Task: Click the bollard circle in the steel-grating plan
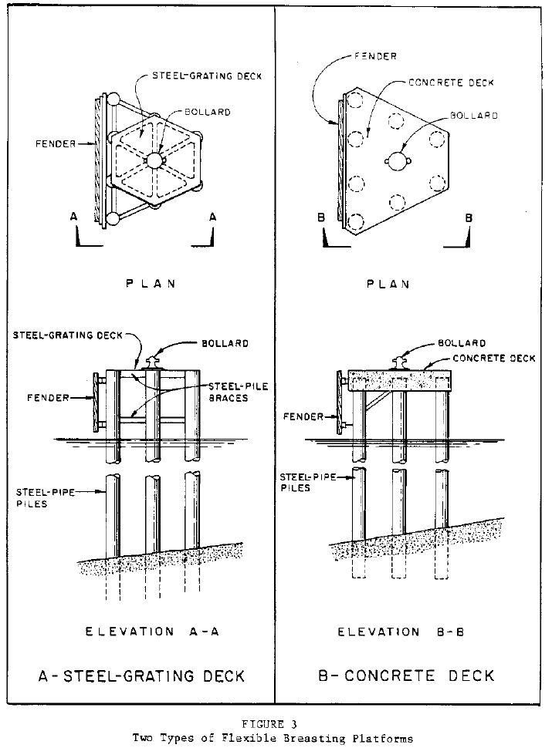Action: (154, 160)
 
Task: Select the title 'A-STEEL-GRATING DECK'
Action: (142, 676)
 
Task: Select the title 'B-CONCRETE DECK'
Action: (406, 676)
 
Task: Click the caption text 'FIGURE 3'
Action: (269, 724)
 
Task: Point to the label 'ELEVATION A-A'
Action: (152, 631)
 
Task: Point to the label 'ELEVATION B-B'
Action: (401, 632)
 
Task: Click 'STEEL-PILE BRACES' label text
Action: (238, 392)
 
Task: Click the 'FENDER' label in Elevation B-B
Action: (303, 416)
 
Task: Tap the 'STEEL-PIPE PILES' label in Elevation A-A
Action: (46, 497)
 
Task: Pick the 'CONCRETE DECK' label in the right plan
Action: (451, 83)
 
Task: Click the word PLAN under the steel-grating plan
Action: (151, 283)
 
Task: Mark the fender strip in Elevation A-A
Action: (96, 403)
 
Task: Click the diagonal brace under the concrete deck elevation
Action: (376, 401)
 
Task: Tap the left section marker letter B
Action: (321, 217)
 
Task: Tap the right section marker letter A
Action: (213, 217)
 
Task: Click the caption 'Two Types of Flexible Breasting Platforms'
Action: (273, 738)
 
